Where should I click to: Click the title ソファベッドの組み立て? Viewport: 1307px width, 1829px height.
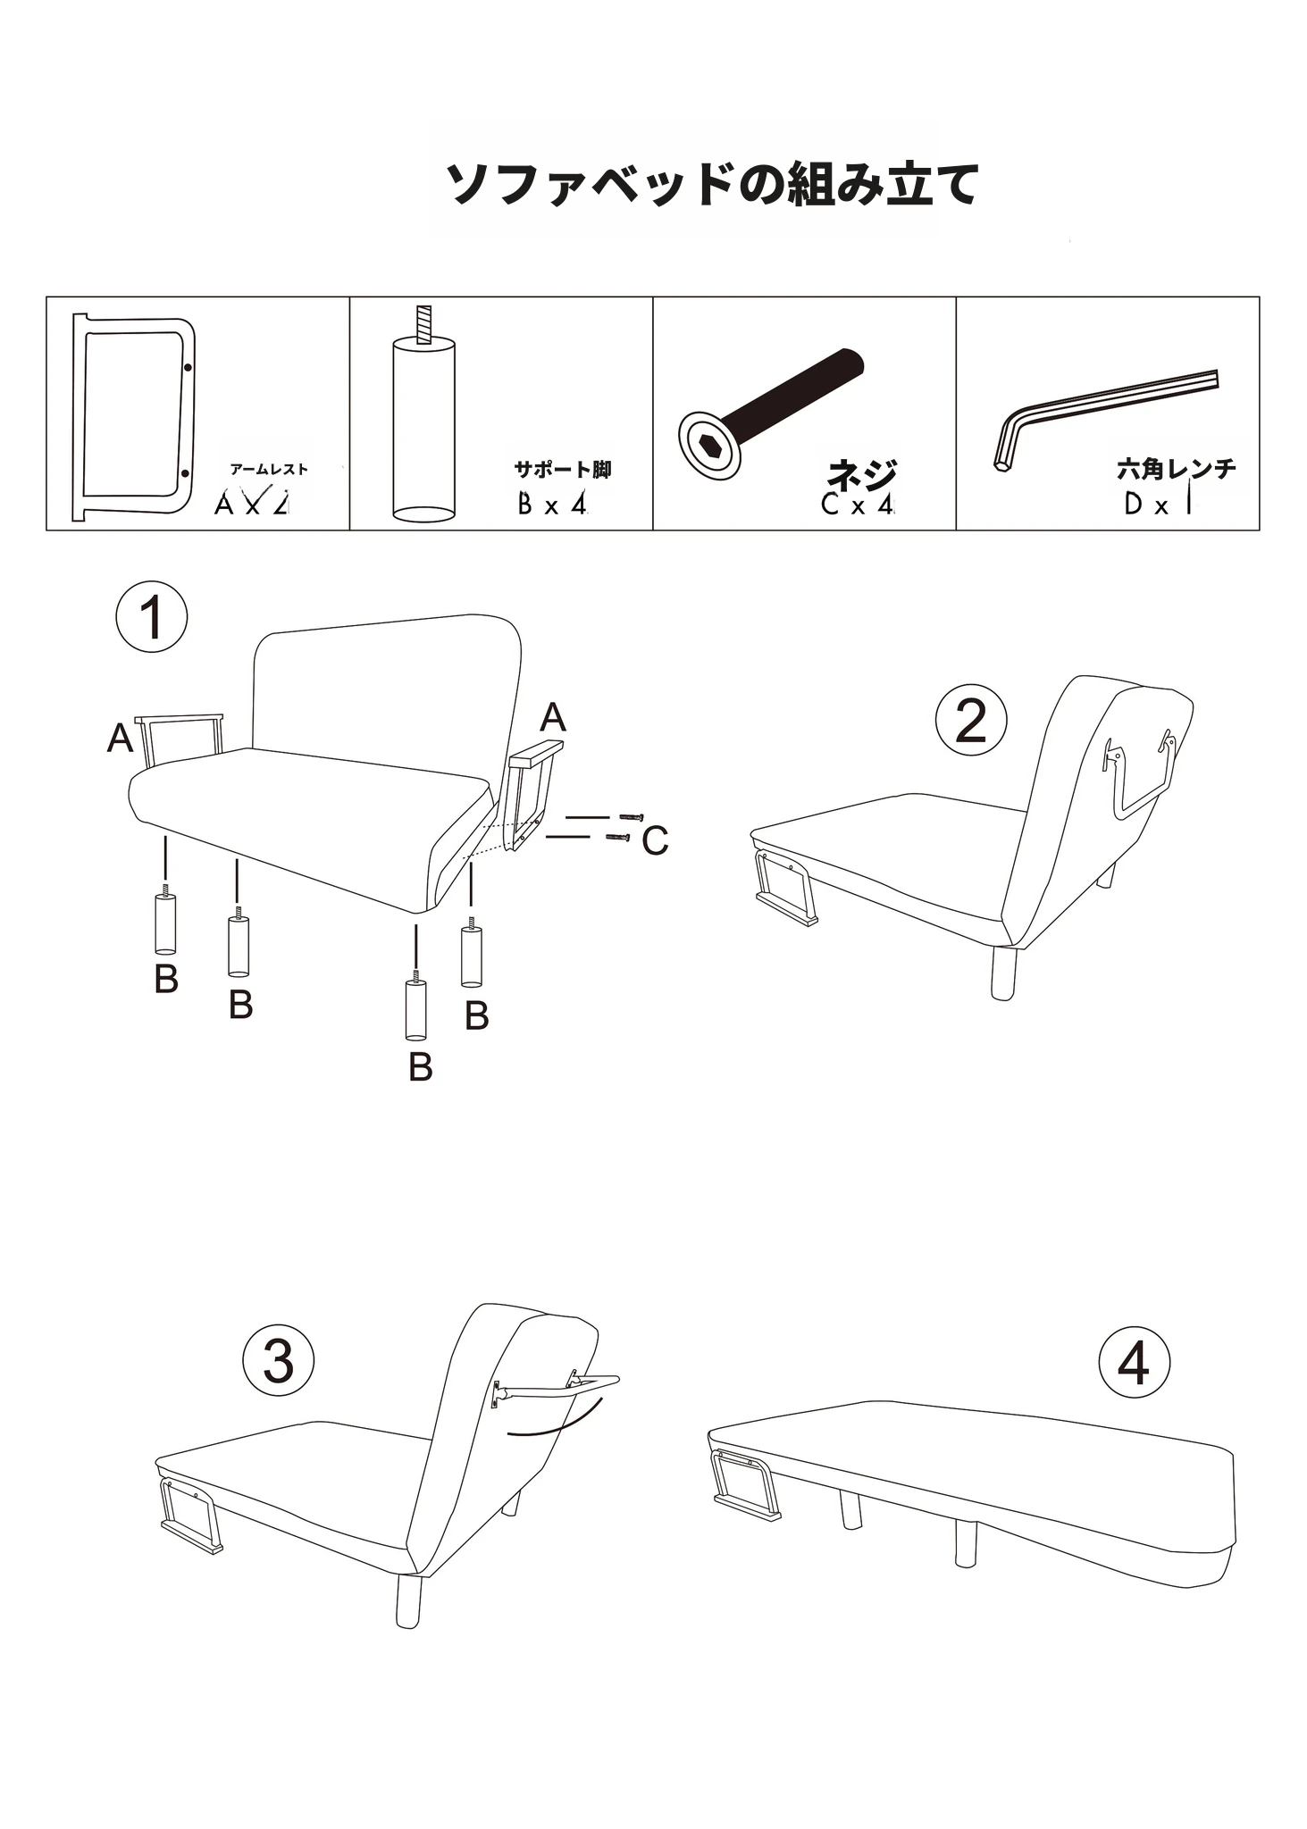(x=711, y=183)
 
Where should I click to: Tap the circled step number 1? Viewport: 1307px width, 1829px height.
(x=152, y=617)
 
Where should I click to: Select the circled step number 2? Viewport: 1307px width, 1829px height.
(x=971, y=721)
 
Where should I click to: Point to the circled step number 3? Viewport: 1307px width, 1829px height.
(x=279, y=1363)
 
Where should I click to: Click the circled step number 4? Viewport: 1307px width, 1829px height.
(x=1134, y=1363)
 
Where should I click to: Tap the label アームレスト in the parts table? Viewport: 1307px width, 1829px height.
(x=269, y=470)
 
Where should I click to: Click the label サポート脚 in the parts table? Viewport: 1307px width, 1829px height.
(x=563, y=469)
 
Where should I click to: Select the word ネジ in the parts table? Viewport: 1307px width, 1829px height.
(x=861, y=473)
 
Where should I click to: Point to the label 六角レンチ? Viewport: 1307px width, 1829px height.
(x=1177, y=468)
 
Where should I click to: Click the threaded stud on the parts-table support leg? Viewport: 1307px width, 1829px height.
(x=423, y=323)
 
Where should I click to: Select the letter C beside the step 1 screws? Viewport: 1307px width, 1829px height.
(x=655, y=841)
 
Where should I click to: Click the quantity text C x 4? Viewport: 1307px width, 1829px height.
(x=857, y=505)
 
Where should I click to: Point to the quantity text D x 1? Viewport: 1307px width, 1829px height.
(x=1159, y=505)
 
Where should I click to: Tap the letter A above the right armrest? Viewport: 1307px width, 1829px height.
(x=553, y=718)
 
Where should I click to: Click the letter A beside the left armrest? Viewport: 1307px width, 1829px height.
(x=121, y=739)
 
